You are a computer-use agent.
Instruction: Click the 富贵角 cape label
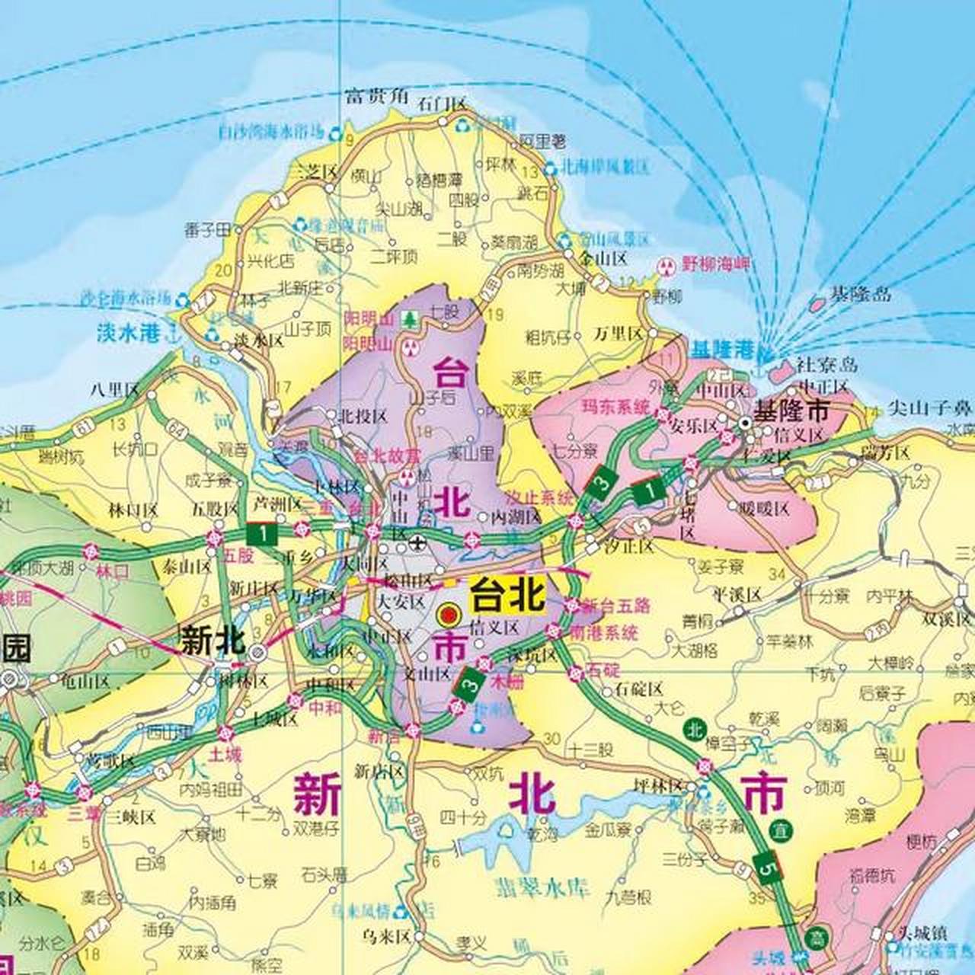click(x=377, y=97)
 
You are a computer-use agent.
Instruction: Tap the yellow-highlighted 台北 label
click(x=508, y=595)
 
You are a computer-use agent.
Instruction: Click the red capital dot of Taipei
click(x=449, y=613)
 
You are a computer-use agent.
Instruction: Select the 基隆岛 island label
click(x=861, y=294)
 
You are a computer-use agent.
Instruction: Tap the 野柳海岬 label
click(x=716, y=265)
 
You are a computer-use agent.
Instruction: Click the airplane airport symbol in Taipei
click(x=417, y=543)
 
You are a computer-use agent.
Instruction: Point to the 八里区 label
click(x=113, y=389)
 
